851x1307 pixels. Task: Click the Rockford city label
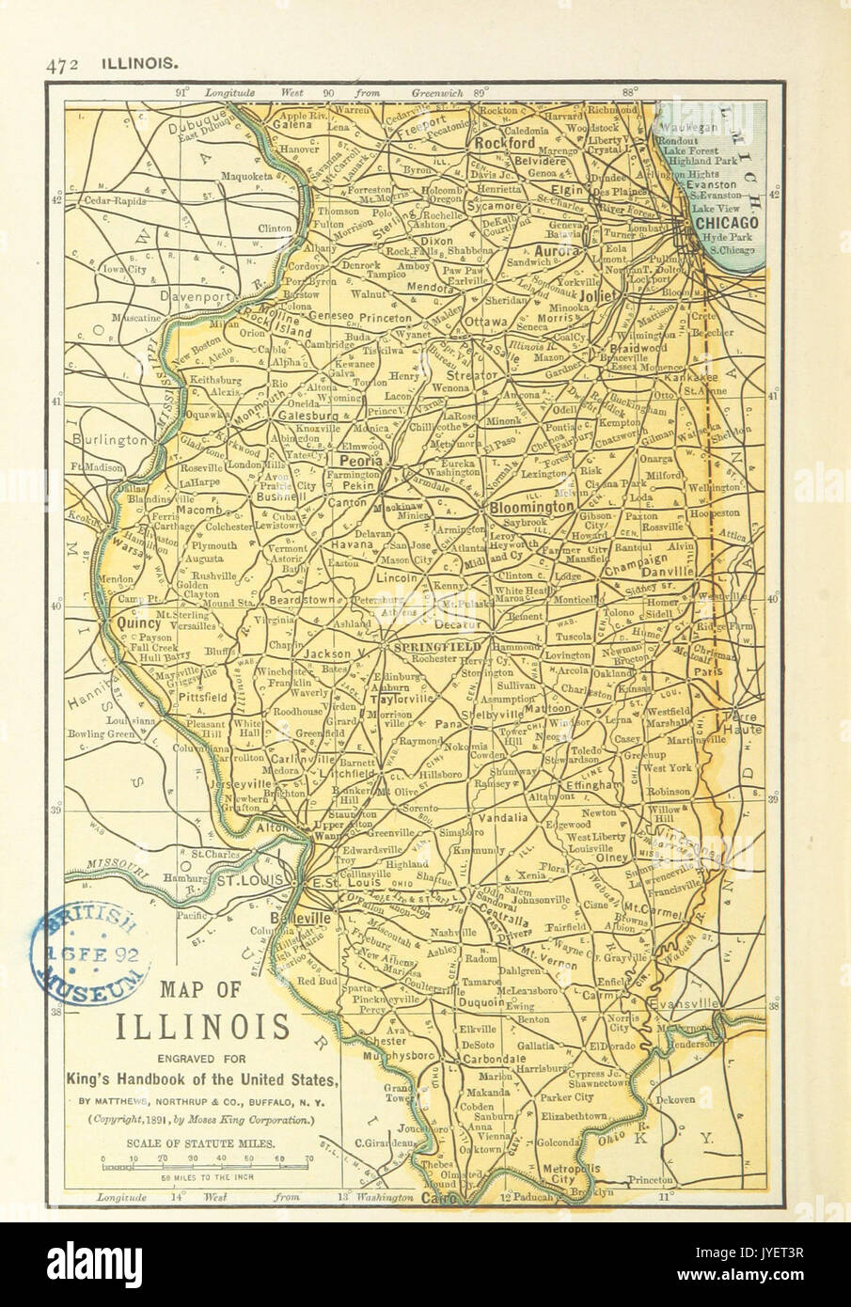click(x=504, y=144)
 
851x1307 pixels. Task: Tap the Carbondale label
click(x=491, y=1058)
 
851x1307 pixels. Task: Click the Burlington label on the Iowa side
click(x=112, y=439)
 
